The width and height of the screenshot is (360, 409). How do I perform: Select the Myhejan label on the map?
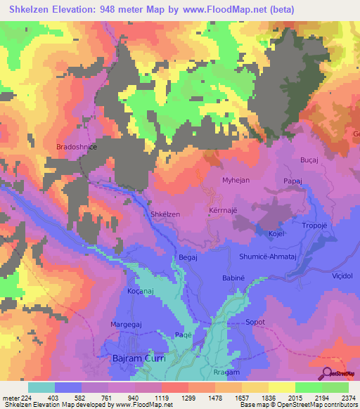[236, 181]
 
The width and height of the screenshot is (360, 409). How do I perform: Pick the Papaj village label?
[293, 181]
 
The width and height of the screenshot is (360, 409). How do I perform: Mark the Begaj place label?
[188, 258]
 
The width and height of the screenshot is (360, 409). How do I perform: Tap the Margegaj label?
[127, 325]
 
